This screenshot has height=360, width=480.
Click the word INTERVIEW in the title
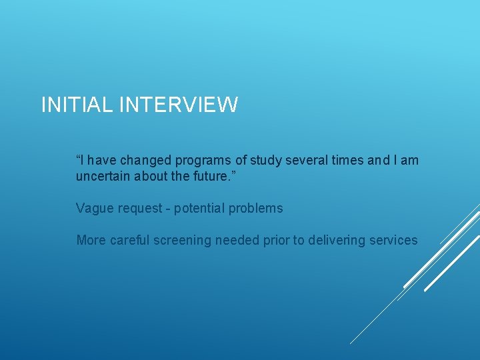click(179, 105)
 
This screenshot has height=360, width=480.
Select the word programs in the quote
click(203, 160)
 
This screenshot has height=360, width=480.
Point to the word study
click(265, 160)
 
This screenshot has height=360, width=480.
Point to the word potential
click(199, 208)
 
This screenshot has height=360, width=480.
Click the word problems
click(256, 208)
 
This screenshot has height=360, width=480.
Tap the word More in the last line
click(91, 240)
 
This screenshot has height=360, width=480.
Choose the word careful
click(129, 240)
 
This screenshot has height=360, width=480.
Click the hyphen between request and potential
click(168, 209)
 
